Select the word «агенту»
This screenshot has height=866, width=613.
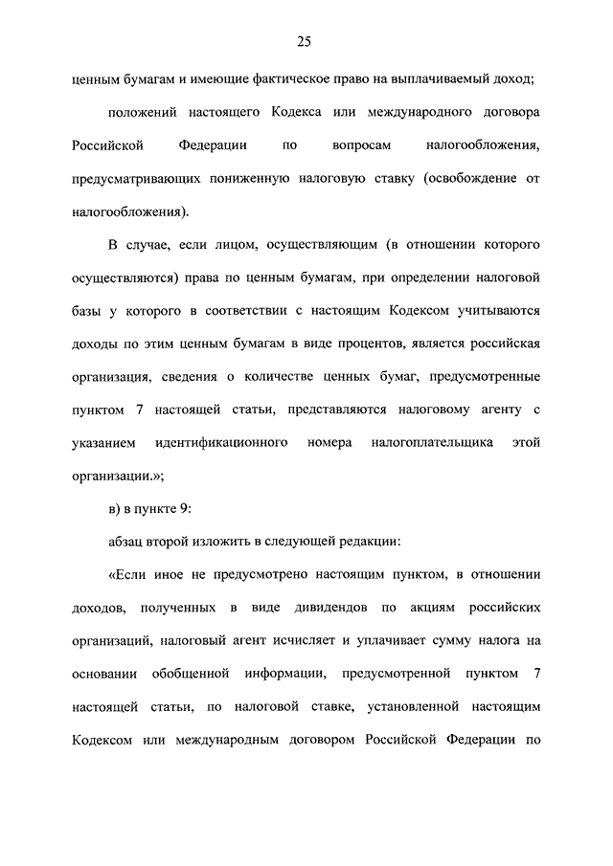495,410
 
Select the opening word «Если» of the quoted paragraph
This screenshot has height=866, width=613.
126,575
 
